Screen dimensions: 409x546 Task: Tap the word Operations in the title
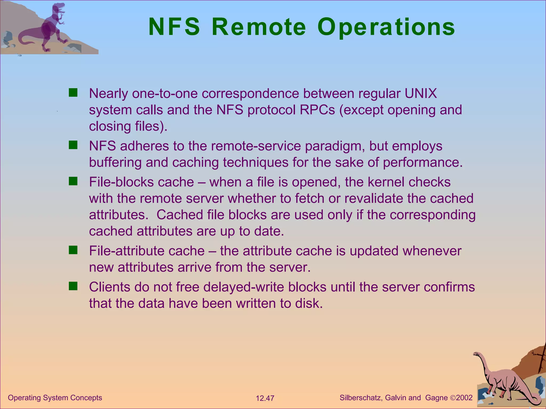(x=386, y=27)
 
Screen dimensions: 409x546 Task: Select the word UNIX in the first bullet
(x=421, y=93)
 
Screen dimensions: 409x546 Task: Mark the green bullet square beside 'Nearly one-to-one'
(x=73, y=93)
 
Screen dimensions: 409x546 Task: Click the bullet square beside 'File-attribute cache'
(x=73, y=250)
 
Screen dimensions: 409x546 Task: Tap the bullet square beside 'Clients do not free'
(x=73, y=286)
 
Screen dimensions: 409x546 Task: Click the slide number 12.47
(x=265, y=398)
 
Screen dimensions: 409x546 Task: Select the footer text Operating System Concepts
(x=55, y=398)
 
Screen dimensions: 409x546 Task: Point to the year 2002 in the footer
(x=464, y=398)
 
